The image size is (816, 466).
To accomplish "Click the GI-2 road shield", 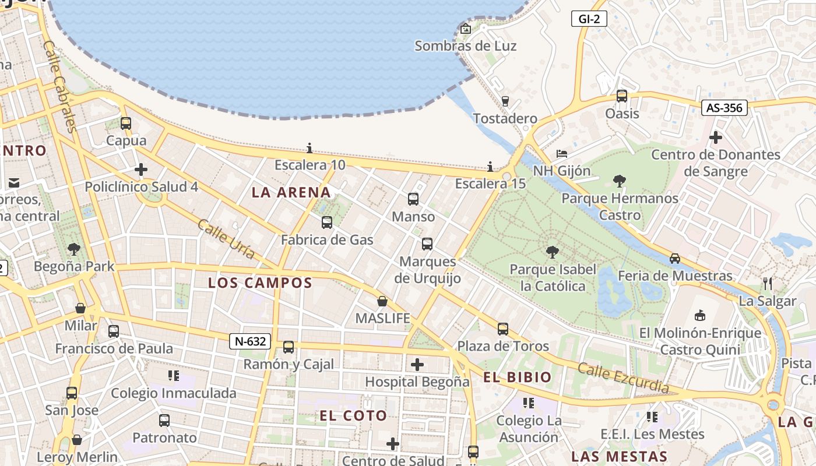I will pyautogui.click(x=589, y=19).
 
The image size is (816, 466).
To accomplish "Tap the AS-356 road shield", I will pyautogui.click(x=724, y=107).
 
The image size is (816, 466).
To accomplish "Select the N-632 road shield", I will pyautogui.click(x=250, y=341).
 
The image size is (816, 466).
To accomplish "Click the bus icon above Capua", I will pyautogui.click(x=126, y=123).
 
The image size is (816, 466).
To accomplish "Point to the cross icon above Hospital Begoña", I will pyautogui.click(x=417, y=365).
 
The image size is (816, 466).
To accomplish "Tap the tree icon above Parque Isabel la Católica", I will pyautogui.click(x=553, y=252).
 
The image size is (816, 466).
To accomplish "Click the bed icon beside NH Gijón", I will pyautogui.click(x=562, y=154).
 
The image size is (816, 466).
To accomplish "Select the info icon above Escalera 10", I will pyautogui.click(x=309, y=148).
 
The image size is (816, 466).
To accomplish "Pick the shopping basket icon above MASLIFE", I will pyautogui.click(x=382, y=301).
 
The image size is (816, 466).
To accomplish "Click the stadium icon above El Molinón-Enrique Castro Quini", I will pyautogui.click(x=700, y=315).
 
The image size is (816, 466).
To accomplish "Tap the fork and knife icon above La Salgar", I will pyautogui.click(x=768, y=284).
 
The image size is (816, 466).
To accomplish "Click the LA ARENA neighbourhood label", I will pyautogui.click(x=291, y=192).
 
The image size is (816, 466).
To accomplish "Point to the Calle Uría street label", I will pyautogui.click(x=226, y=239).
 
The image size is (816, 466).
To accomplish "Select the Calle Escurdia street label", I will pyautogui.click(x=623, y=377).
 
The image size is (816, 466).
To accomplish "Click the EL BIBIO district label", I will pyautogui.click(x=517, y=377).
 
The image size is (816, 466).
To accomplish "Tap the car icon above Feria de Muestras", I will pyautogui.click(x=675, y=258).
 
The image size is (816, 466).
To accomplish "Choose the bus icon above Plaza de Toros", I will pyautogui.click(x=503, y=329).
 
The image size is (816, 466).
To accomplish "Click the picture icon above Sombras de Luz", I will pyautogui.click(x=466, y=29).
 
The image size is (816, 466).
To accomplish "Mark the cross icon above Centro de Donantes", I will pyautogui.click(x=716, y=137).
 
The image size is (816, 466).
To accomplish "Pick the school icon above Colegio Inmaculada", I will pyautogui.click(x=174, y=376).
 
